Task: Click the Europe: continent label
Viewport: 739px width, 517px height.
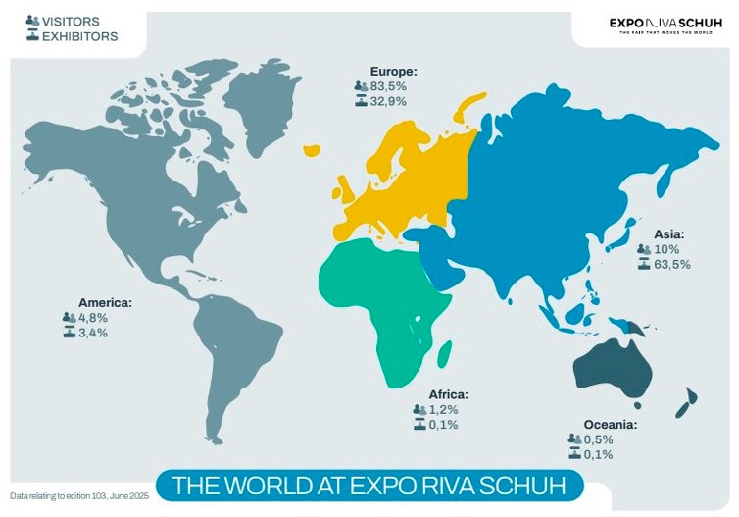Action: [x=394, y=71]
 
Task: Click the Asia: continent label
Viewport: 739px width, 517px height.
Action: [x=668, y=234]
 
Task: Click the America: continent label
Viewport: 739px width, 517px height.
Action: [x=105, y=303]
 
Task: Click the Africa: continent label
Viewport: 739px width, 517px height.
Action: [x=448, y=394]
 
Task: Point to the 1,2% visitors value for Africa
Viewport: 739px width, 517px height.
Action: [x=443, y=409]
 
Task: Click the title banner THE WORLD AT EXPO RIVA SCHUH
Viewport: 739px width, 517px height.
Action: [x=370, y=485]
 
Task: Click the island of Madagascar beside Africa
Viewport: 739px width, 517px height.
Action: [x=444, y=351]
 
